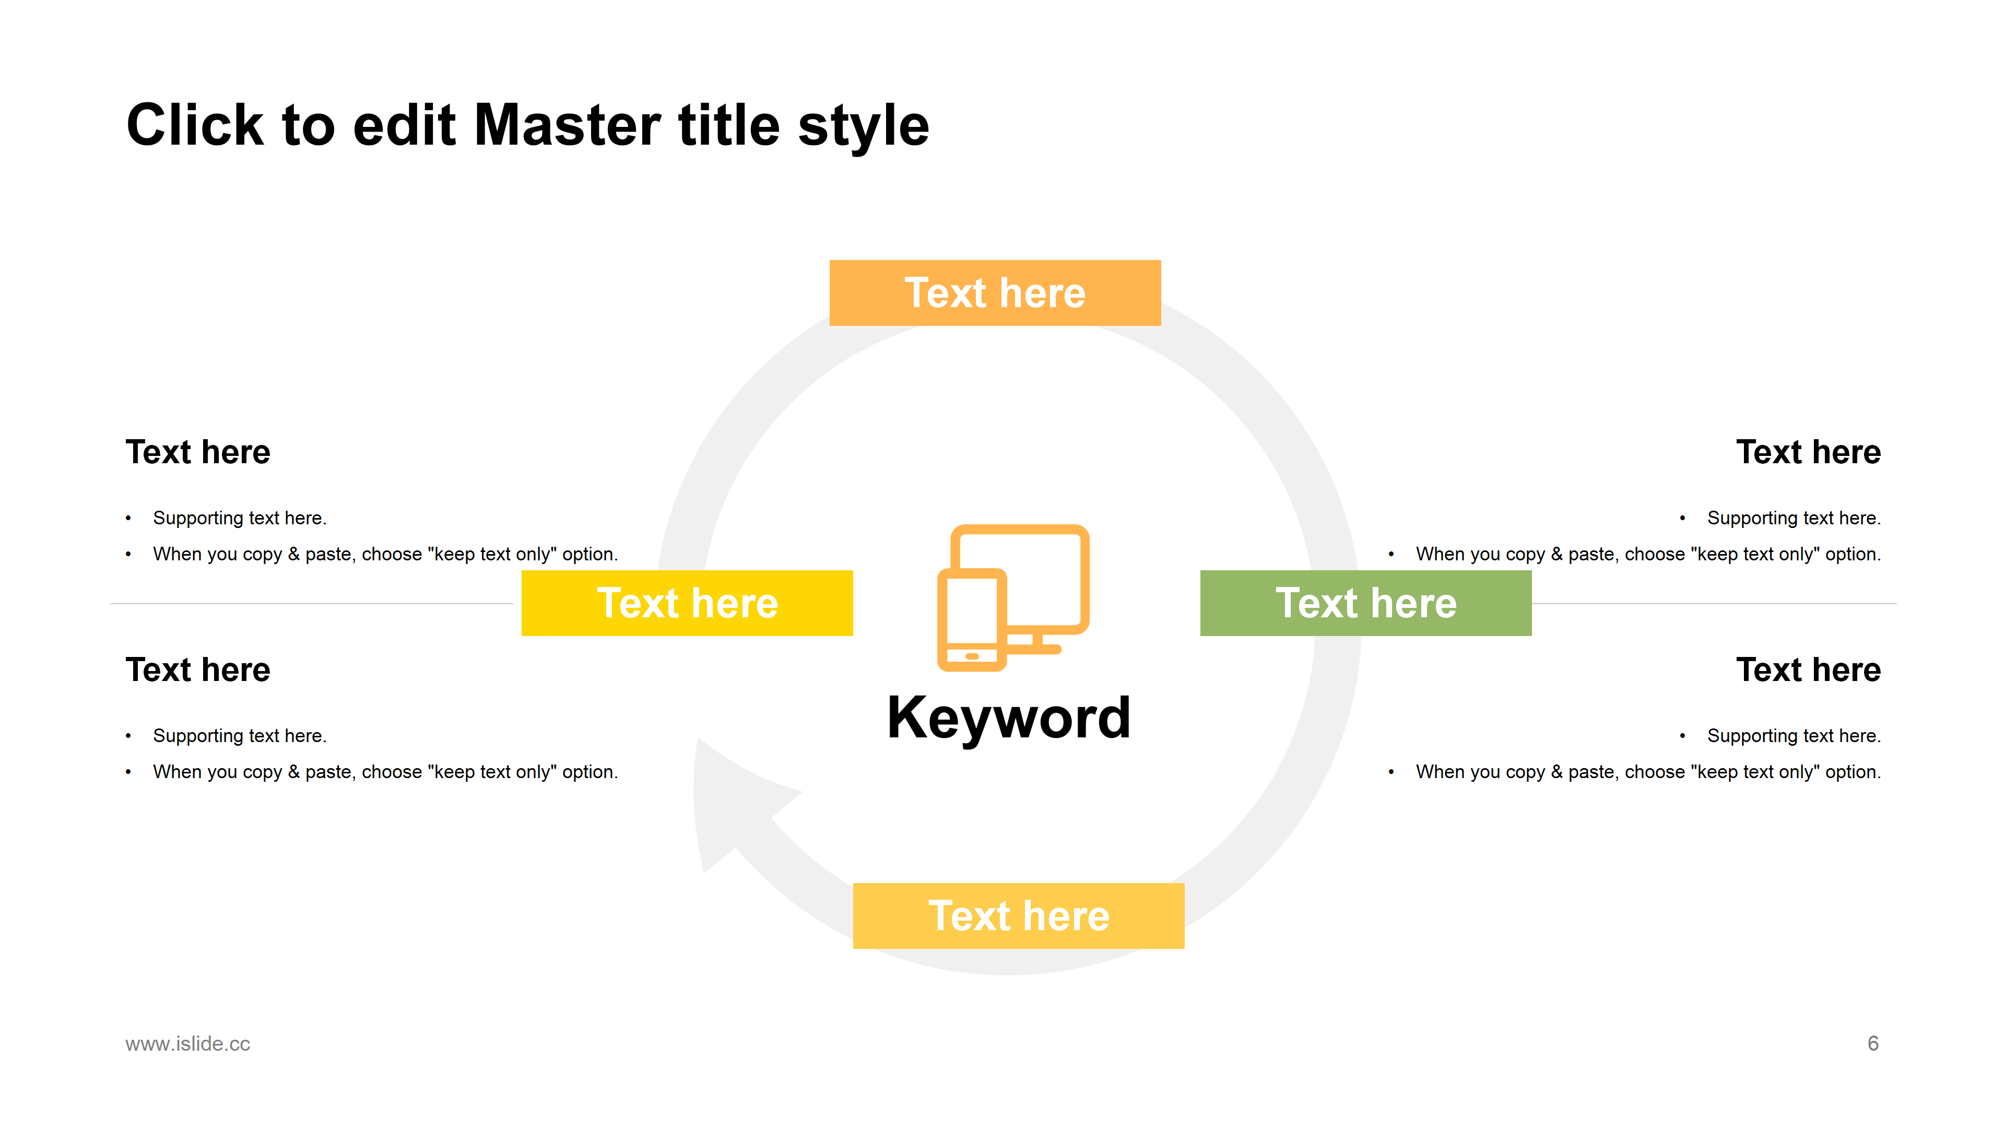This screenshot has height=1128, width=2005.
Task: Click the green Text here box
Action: pos(1365,603)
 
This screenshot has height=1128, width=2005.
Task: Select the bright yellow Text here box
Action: pos(687,603)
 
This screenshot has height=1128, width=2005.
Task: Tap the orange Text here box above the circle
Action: pos(995,292)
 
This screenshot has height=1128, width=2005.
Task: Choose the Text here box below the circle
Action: pos(1018,915)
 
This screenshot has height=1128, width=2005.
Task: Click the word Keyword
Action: pos(1009,717)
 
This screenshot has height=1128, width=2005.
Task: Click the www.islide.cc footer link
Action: pos(187,1043)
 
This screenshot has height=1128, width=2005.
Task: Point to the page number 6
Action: pos(1873,1043)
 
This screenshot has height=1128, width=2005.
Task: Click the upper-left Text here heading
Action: pos(198,452)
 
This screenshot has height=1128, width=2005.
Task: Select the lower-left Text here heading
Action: pos(198,669)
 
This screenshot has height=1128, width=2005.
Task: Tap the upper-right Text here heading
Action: pos(1808,452)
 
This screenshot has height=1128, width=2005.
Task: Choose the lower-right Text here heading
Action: pos(1808,669)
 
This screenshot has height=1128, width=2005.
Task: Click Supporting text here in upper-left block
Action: pos(240,519)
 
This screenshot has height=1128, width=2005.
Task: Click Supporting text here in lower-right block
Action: pos(1794,736)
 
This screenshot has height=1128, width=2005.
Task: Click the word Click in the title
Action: pos(195,125)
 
